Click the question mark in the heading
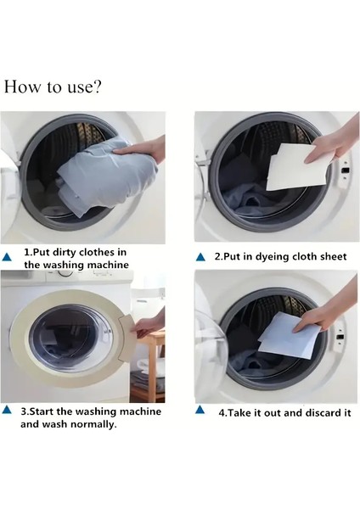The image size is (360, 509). click(x=97, y=87)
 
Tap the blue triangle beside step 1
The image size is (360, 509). click(x=7, y=257)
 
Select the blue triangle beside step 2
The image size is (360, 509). click(x=200, y=257)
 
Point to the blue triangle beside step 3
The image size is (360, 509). click(x=7, y=410)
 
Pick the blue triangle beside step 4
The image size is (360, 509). click(x=200, y=410)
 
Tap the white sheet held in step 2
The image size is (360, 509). click(x=297, y=167)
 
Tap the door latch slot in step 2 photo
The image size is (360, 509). click(x=346, y=171)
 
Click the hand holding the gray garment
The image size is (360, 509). click(x=142, y=148)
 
